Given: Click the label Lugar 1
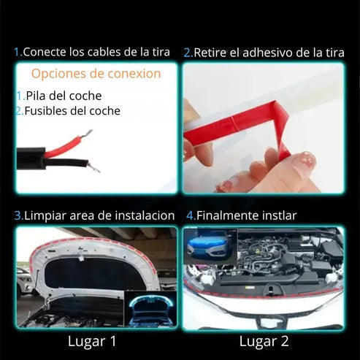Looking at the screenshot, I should click(x=92, y=341).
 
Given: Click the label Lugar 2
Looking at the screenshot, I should click(x=264, y=341).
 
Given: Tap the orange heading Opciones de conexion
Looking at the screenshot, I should click(x=96, y=74).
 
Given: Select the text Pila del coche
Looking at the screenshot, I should click(x=63, y=96).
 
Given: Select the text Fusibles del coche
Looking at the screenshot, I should click(x=72, y=111).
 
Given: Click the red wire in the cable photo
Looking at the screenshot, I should click(x=62, y=146).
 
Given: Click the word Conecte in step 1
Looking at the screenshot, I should click(x=45, y=52).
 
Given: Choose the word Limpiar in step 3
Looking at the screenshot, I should click(x=47, y=215).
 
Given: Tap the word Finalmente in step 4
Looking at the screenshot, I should click(x=231, y=215).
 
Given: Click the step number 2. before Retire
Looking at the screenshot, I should click(x=188, y=52).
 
